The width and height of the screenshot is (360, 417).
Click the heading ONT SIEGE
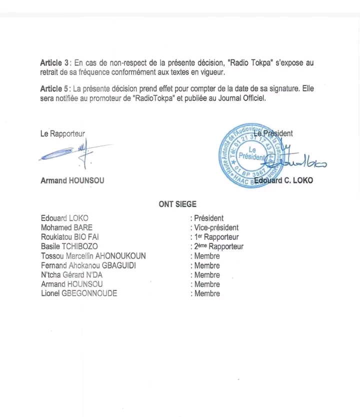tap(177, 204)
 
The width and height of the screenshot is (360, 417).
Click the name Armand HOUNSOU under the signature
tap(72, 180)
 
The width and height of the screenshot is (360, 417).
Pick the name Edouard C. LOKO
tap(283, 180)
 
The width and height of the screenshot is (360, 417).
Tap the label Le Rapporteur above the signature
tap(62, 133)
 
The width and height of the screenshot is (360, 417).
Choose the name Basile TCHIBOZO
tap(69, 246)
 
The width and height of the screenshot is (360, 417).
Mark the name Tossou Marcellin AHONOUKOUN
tap(93, 256)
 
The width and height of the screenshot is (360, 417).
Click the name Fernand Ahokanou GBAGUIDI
tap(88, 265)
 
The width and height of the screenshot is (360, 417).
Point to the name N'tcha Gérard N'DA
tap(71, 275)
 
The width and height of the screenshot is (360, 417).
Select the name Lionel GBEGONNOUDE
tap(79, 293)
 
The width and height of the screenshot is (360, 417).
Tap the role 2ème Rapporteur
tap(218, 246)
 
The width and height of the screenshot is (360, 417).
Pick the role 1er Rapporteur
tap(216, 237)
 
